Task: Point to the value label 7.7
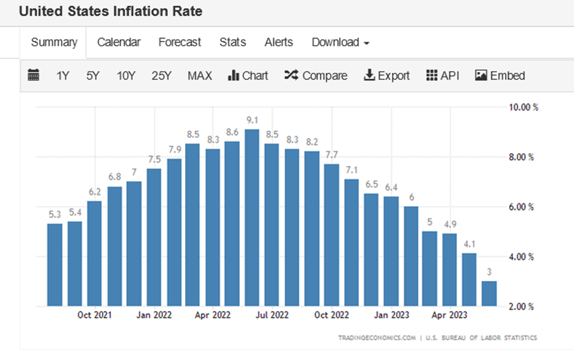331,153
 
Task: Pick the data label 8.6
232,131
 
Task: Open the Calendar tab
118,42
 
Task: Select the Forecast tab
180,42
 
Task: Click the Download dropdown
340,42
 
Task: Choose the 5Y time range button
92,76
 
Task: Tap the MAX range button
200,76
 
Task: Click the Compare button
316,76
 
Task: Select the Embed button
500,76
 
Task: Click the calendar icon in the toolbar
34,76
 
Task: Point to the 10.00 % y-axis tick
523,107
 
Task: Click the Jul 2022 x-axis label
272,315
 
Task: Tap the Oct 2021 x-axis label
94,315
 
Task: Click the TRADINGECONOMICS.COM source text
377,337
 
